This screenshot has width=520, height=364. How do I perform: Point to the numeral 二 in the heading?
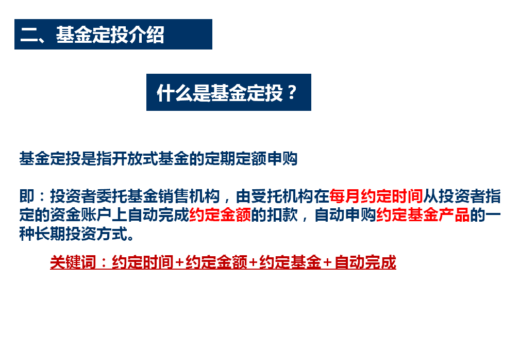pyautogui.click(x=29, y=35)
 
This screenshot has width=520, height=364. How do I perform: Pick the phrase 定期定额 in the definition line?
pyautogui.click(x=236, y=158)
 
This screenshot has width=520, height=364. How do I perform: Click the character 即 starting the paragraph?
pyautogui.click(x=27, y=196)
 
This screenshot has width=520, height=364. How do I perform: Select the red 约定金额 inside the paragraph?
pyautogui.click(x=220, y=214)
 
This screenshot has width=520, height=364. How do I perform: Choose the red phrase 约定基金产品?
pyautogui.click(x=423, y=214)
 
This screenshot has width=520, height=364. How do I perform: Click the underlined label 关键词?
pyautogui.click(x=73, y=262)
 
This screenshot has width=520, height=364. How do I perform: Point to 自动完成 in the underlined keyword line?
pyautogui.click(x=365, y=262)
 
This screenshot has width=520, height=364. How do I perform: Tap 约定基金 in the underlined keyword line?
pyautogui.click(x=290, y=262)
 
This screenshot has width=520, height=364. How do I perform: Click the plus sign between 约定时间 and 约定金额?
pyautogui.click(x=179, y=262)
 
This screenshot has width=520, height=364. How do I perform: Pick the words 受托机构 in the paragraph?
pyautogui.click(x=282, y=196)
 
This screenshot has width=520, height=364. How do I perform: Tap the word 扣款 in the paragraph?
pyautogui.click(x=282, y=214)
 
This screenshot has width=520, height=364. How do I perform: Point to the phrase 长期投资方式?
pyautogui.click(x=81, y=234)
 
